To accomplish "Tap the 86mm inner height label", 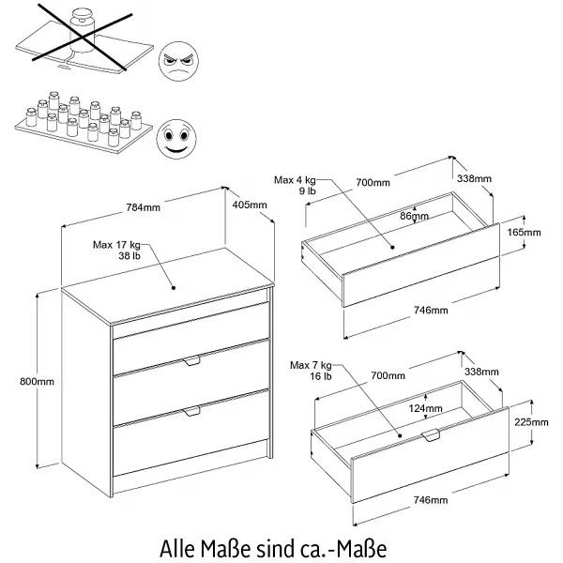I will [x=414, y=216].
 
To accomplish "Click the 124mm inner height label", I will [x=426, y=408].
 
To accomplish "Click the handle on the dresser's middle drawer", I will [x=193, y=361].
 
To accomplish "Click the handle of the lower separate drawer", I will [x=433, y=436].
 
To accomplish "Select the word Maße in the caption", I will [x=239, y=545].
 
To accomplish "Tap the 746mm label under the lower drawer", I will [x=432, y=501].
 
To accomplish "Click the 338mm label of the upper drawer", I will [x=476, y=178].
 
